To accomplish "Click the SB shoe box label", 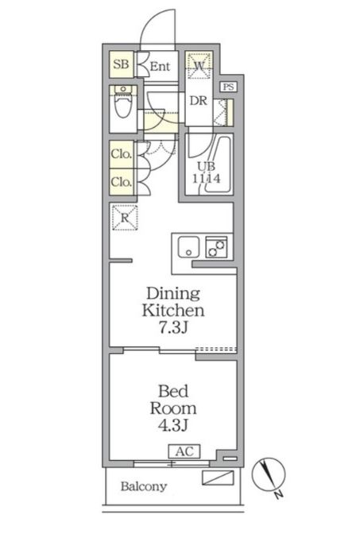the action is pyautogui.click(x=121, y=64).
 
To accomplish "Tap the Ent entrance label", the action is pyautogui.click(x=160, y=66).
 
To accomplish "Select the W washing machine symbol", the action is pyautogui.click(x=199, y=66).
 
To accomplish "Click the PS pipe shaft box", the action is pyautogui.click(x=228, y=87).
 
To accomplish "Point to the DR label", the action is pyautogui.click(x=199, y=101).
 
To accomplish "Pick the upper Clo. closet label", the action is pyautogui.click(x=122, y=154).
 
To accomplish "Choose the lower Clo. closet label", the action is pyautogui.click(x=122, y=182).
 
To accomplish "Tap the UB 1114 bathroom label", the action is pyautogui.click(x=207, y=172).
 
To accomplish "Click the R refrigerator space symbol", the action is pyautogui.click(x=125, y=218).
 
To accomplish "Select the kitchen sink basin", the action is pyautogui.click(x=188, y=247).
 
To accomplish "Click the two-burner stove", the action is pyautogui.click(x=216, y=247).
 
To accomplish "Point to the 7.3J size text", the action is pyautogui.click(x=173, y=327).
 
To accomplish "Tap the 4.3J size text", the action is pyautogui.click(x=173, y=425).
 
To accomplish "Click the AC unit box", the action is pyautogui.click(x=184, y=451).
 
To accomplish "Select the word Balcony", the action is pyautogui.click(x=144, y=486).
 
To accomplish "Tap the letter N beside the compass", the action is pyautogui.click(x=278, y=494).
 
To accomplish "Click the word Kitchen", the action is pyautogui.click(x=173, y=311).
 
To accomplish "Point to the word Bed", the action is pyautogui.click(x=173, y=391).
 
